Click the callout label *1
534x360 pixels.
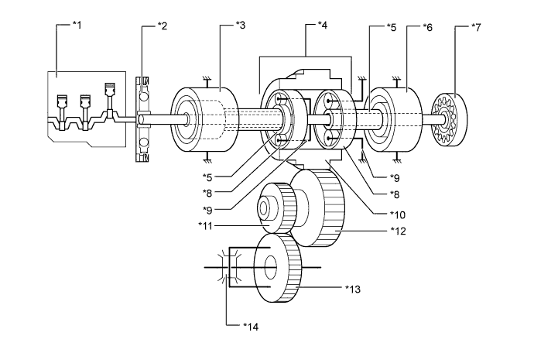pos(77,25)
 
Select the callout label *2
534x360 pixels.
pos(163,26)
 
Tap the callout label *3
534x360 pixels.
pos(241,25)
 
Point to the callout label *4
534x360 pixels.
pos(322,25)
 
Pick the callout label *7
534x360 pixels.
pos(476,27)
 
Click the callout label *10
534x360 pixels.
pos(398,214)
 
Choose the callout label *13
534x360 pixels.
pos(352,289)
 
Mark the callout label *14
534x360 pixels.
pos(251,327)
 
